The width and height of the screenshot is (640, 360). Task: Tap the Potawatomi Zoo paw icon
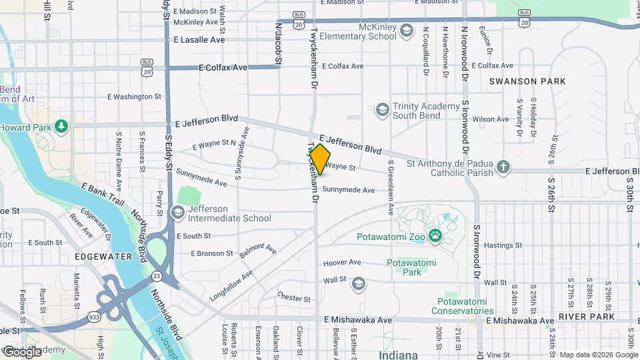[x=435, y=234]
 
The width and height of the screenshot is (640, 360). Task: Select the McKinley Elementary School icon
[x=405, y=31]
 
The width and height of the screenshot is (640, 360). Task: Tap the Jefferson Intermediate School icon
[x=177, y=212]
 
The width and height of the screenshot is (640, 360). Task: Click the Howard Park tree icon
[x=62, y=126]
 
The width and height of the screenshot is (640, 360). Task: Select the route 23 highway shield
[x=156, y=275]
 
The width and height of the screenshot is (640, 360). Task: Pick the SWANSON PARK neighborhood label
[x=527, y=81]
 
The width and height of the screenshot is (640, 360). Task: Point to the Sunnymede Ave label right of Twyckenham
[x=349, y=190]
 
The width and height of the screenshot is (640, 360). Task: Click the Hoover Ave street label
[x=341, y=263]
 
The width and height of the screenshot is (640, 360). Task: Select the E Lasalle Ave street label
[x=199, y=40]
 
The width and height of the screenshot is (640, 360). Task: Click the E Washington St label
[x=135, y=96]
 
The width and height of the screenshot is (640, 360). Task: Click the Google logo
[x=22, y=351]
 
